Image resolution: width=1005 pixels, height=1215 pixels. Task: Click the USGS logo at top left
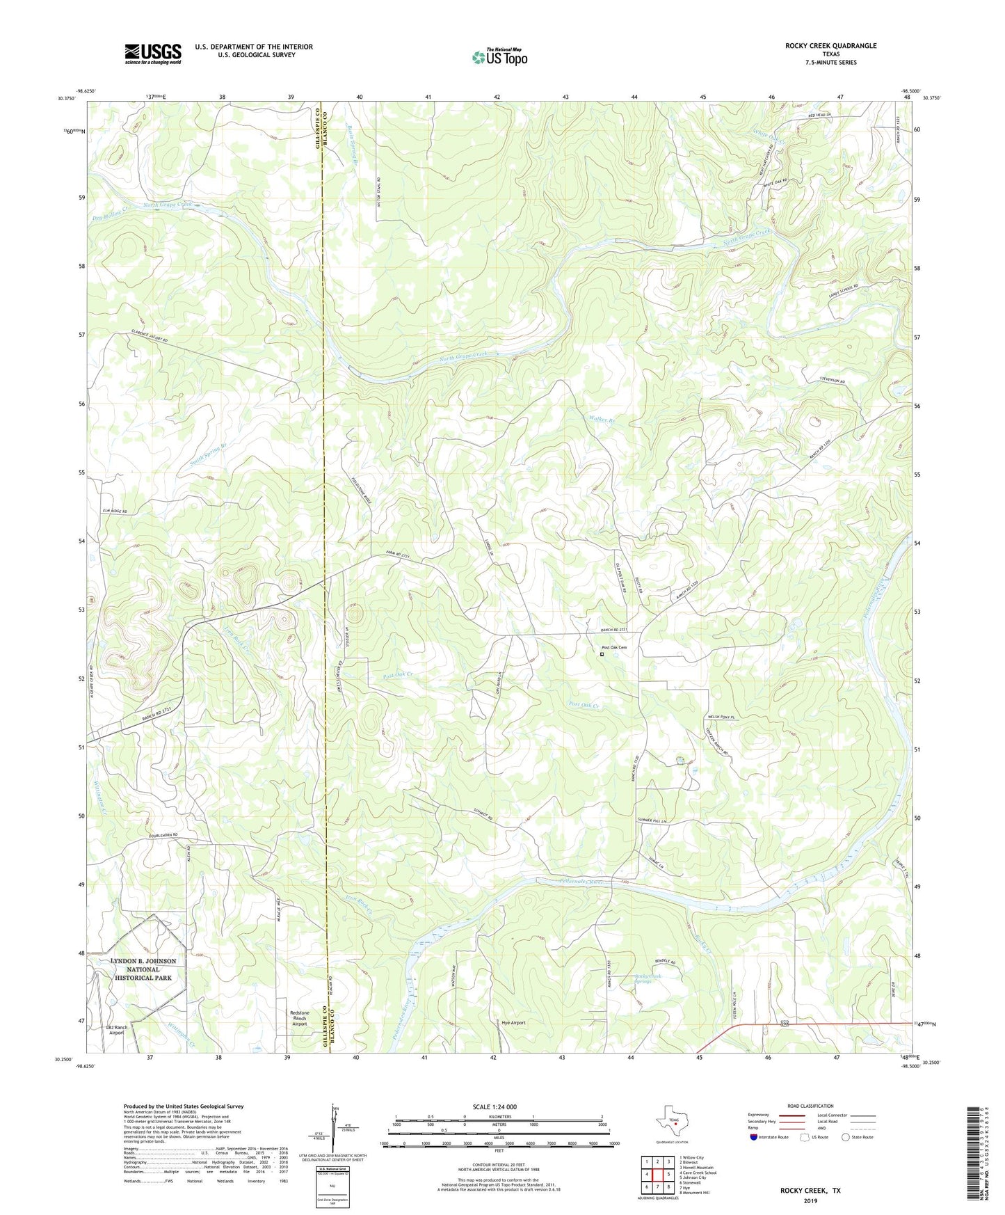153,53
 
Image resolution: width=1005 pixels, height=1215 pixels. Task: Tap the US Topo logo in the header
499,56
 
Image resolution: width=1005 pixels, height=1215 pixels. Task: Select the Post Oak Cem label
614,647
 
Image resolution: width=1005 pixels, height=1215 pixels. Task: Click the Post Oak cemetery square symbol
602,654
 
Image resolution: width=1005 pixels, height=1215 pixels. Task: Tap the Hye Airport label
513,1023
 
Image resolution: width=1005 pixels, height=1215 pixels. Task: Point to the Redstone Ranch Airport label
299,1018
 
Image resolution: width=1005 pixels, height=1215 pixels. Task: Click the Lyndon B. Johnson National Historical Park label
143,969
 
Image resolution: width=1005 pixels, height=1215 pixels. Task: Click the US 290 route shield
785,1024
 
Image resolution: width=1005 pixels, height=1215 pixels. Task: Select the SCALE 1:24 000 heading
495,1107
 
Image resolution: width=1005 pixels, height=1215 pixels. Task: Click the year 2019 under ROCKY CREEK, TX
810,1200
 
